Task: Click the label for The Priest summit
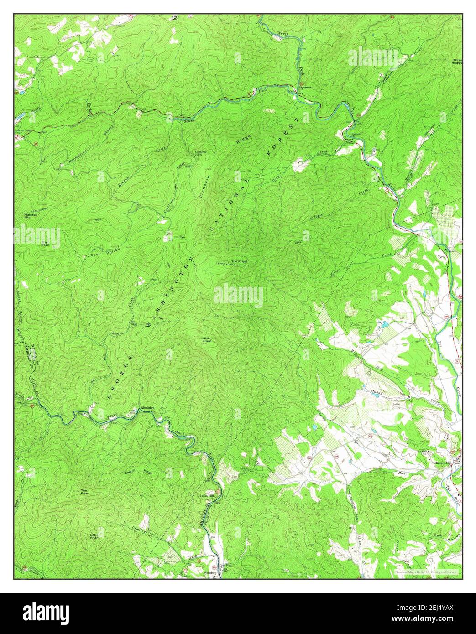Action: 239,261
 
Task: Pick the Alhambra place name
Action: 148,407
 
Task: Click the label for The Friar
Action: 84,492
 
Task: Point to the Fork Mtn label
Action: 176,18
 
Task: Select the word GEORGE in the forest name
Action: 120,376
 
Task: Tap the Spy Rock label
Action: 45,244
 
